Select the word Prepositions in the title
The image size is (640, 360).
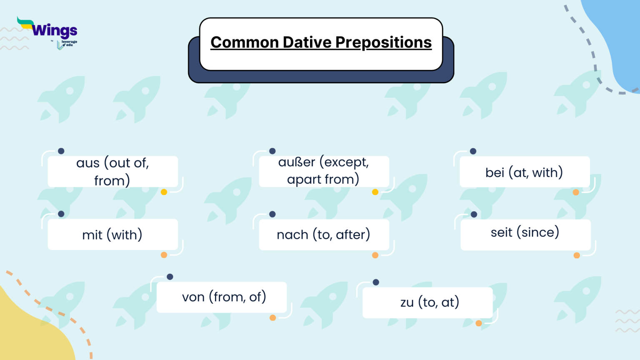tap(383, 42)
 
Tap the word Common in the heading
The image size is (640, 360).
tap(244, 42)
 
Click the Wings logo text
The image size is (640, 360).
tap(54, 30)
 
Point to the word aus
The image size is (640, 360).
tap(87, 163)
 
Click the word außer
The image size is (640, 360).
tap(296, 162)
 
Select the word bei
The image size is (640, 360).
tap(495, 172)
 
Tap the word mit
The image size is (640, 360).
tap(92, 235)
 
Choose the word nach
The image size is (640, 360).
tap(292, 235)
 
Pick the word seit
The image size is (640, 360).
tap(501, 232)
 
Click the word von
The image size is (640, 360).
tap(193, 297)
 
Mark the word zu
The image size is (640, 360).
tap(407, 302)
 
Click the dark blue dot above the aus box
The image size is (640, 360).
tap(61, 151)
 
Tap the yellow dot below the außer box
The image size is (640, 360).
tap(375, 192)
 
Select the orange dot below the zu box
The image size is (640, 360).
tap(479, 323)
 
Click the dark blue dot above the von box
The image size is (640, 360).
tap(170, 277)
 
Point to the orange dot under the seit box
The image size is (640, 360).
tap(577, 255)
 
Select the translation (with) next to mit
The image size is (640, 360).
tap(125, 235)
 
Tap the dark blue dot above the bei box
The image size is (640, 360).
tap(473, 151)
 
